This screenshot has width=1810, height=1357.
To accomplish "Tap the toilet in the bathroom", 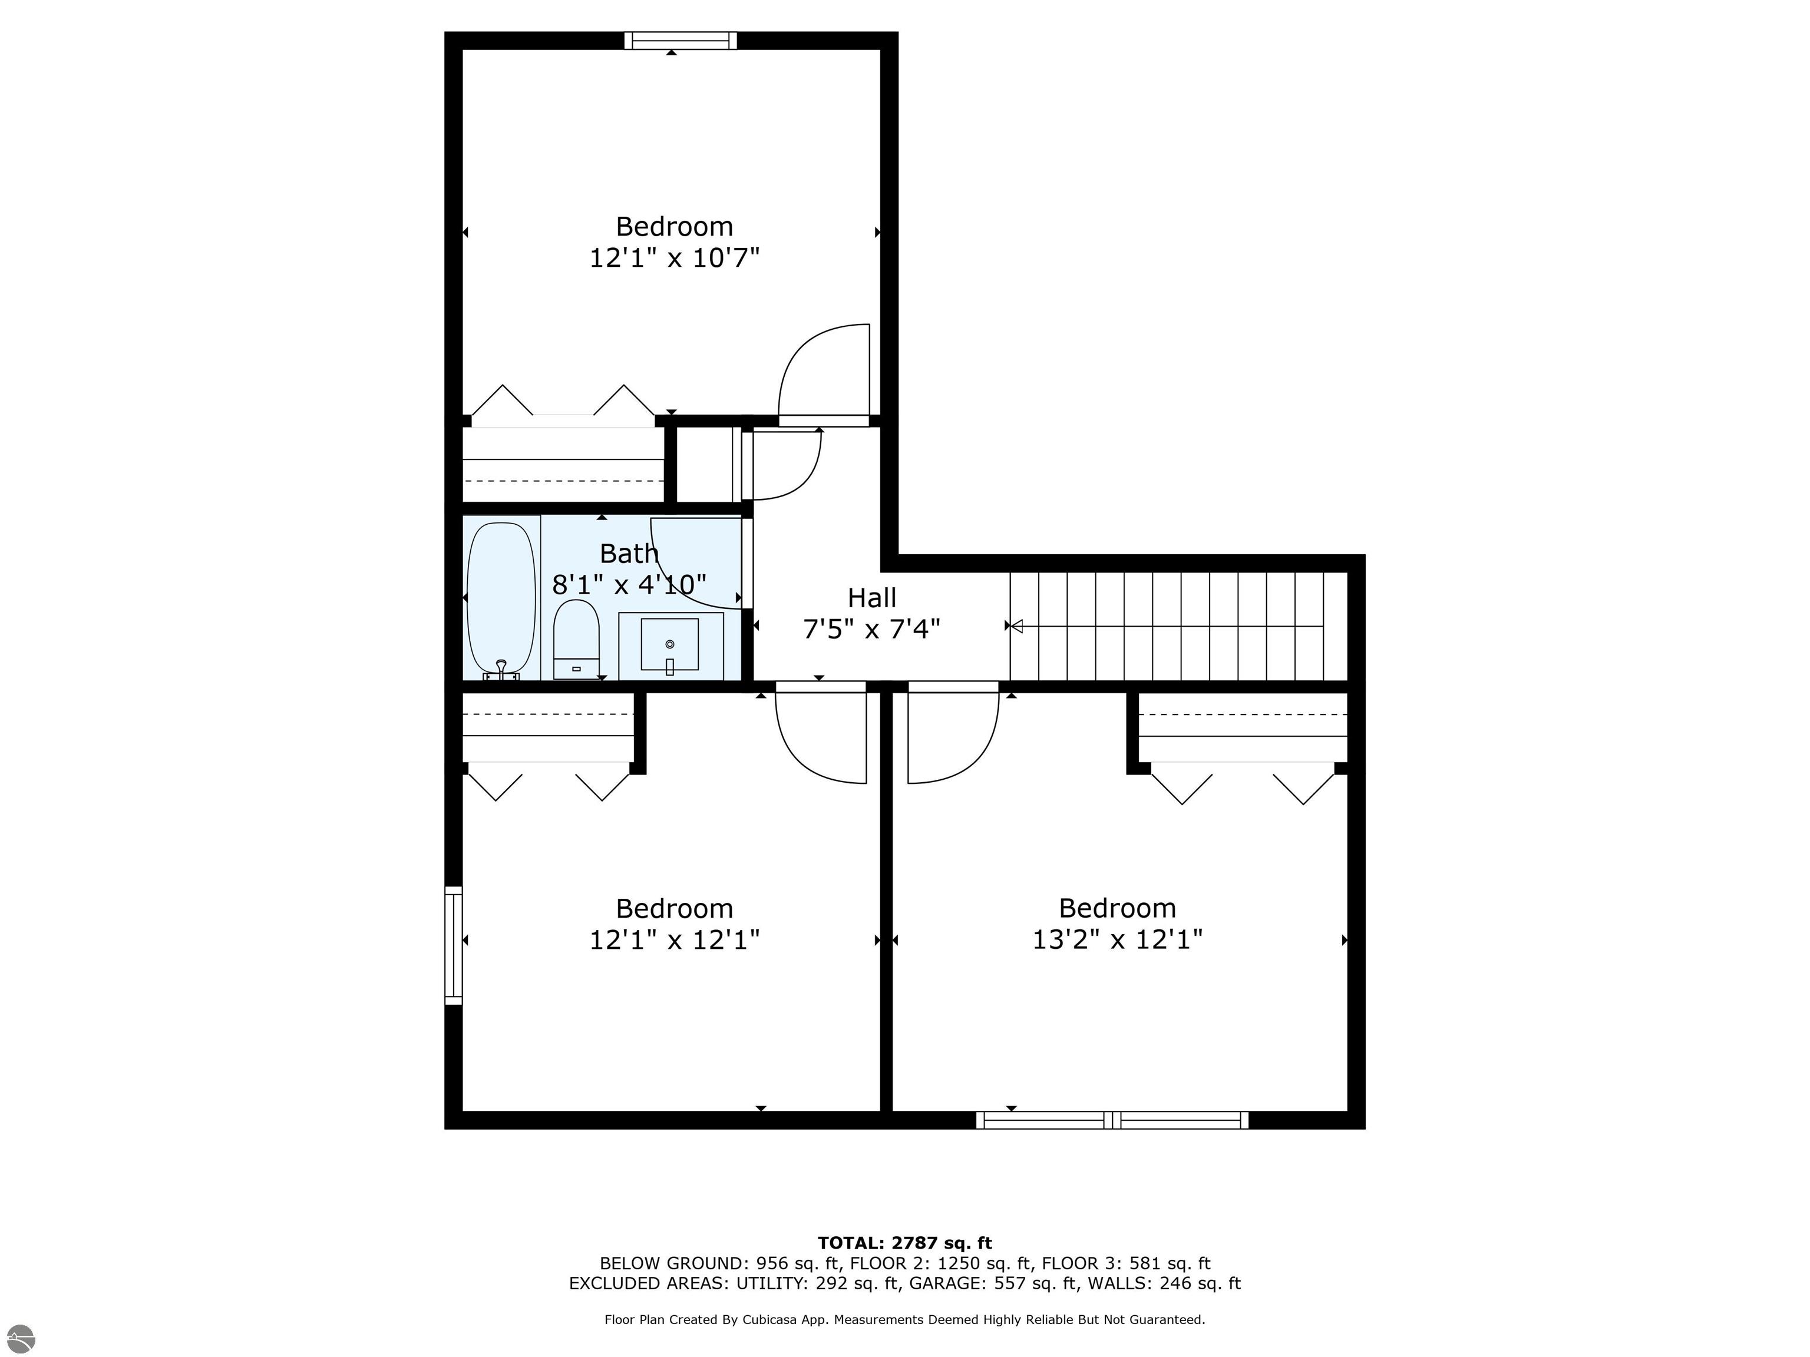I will (576, 638).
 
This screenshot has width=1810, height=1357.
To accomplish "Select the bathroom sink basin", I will (669, 644).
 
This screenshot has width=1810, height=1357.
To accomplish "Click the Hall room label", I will (871, 598).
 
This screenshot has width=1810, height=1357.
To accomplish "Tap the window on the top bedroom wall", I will (680, 41).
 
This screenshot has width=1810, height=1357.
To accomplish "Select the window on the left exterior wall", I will (453, 945).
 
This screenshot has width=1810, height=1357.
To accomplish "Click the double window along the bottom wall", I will (1112, 1120).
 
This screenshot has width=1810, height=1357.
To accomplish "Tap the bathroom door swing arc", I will (695, 564).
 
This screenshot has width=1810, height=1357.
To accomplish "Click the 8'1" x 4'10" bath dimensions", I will (629, 585).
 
